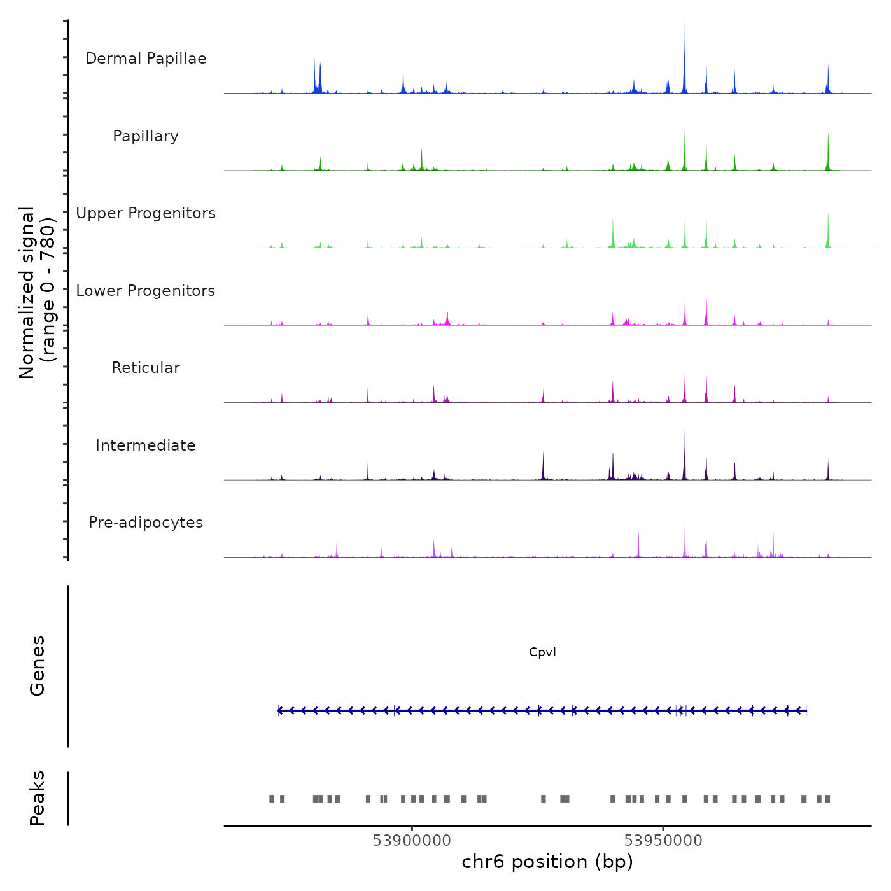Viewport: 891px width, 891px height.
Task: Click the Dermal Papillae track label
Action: pyautogui.click(x=146, y=59)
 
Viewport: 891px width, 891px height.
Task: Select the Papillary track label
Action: pyautogui.click(x=146, y=136)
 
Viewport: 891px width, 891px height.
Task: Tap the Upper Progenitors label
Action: pyautogui.click(x=146, y=213)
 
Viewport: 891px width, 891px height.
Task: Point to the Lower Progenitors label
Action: pyautogui.click(x=146, y=291)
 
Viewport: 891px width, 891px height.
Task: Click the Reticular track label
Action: pyautogui.click(x=146, y=368)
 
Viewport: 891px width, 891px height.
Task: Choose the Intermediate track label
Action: pyautogui.click(x=146, y=445)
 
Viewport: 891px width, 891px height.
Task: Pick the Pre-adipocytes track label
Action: pyautogui.click(x=146, y=523)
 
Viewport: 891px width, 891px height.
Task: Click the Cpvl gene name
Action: pyautogui.click(x=542, y=652)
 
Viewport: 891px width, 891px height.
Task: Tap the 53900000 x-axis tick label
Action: pyautogui.click(x=412, y=841)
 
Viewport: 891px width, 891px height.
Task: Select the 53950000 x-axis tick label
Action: pyautogui.click(x=663, y=841)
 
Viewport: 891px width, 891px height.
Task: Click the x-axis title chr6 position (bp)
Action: pyautogui.click(x=547, y=862)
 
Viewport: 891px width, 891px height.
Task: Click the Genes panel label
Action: pyautogui.click(x=38, y=666)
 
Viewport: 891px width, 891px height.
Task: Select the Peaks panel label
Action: pyautogui.click(x=38, y=798)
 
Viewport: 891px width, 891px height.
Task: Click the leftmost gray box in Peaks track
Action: pyautogui.click(x=272, y=799)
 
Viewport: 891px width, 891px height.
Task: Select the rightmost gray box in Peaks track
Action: pyautogui.click(x=827, y=799)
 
